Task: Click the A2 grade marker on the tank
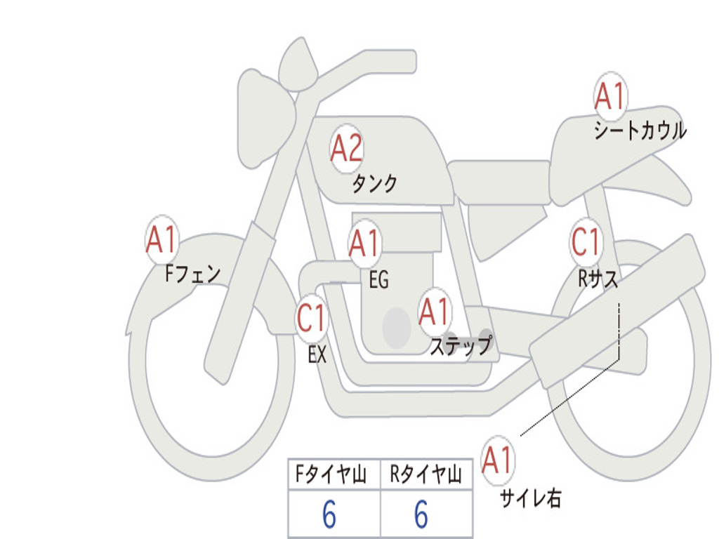pos(347,148)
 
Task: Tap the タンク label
pos(374,184)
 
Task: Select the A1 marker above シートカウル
pos(610,97)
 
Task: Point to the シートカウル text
pos(640,131)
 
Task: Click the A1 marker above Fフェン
pos(162,240)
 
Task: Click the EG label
pos(378,280)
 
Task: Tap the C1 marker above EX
pos(312,319)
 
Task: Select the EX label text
pos(317,354)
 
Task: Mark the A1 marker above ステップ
pos(435,312)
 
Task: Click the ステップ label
pos(461,346)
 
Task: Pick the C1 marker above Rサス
pos(586,242)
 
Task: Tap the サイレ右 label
pos(531,498)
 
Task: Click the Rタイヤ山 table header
pos(426,476)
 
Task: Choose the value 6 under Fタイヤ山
pos(329,515)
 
